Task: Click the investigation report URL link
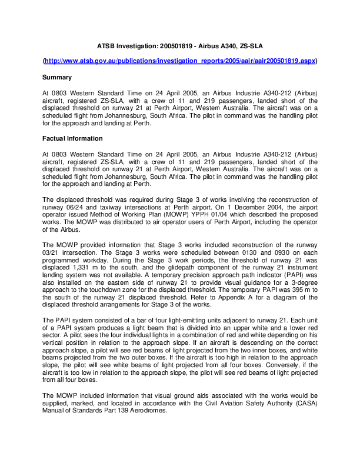tap(180, 61)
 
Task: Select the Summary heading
tap(57, 77)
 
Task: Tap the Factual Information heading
tap(72, 138)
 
